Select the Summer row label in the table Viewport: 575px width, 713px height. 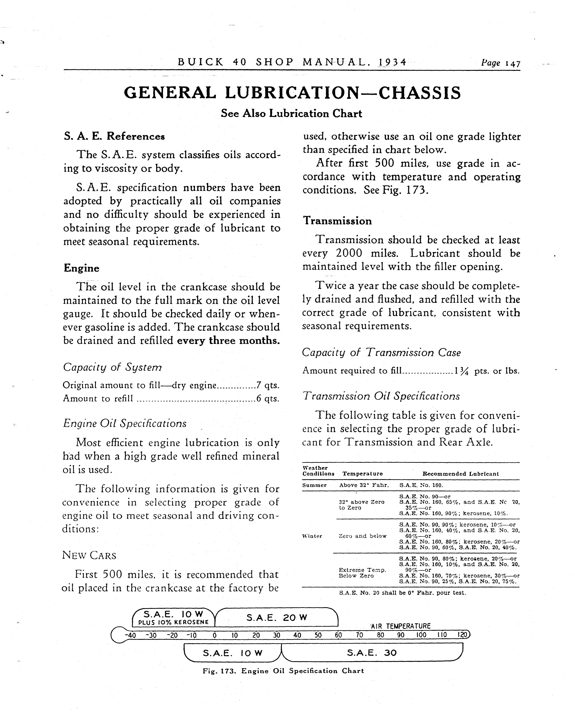pyautogui.click(x=314, y=485)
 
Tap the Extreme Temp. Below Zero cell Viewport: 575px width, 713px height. pyautogui.click(x=362, y=573)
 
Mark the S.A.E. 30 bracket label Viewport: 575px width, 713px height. pyautogui.click(x=372, y=653)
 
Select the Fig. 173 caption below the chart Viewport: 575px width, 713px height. pyautogui.click(x=283, y=671)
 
